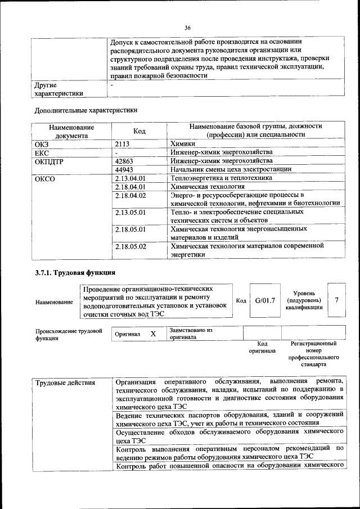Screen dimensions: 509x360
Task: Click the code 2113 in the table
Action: coord(123,144)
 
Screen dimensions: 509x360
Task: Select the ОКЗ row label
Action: coord(43,144)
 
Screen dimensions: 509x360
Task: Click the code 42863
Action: coord(124,161)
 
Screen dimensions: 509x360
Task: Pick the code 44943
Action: coord(124,169)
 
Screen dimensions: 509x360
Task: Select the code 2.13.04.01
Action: coord(130,178)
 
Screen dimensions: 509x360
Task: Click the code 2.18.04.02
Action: coord(130,195)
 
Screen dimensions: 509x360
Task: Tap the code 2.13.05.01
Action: coord(130,212)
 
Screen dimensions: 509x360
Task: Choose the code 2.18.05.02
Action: coord(130,246)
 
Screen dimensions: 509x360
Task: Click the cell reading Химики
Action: coord(183,144)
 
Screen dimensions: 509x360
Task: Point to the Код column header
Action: coord(139,131)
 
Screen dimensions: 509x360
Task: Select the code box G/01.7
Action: coord(264,300)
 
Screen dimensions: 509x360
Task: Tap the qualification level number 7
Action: coord(336,300)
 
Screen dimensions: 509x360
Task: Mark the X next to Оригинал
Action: coord(152,334)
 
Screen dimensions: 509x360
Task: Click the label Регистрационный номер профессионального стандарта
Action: coord(313,353)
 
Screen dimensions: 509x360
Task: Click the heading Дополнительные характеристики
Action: coord(86,110)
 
